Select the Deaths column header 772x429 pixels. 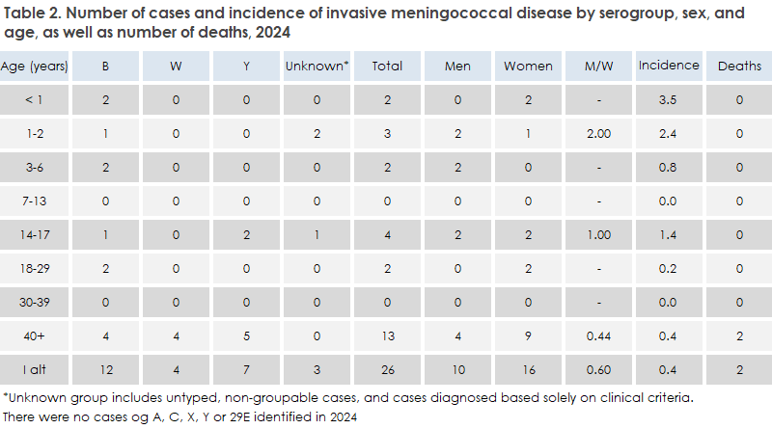pyautogui.click(x=738, y=66)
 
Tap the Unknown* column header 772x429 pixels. pyautogui.click(x=316, y=66)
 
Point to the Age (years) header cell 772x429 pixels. pyautogui.click(x=35, y=66)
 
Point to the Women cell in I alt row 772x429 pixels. pyautogui.click(x=528, y=368)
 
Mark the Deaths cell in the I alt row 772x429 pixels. pyautogui.click(x=738, y=368)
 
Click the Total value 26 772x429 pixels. pyautogui.click(x=387, y=368)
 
